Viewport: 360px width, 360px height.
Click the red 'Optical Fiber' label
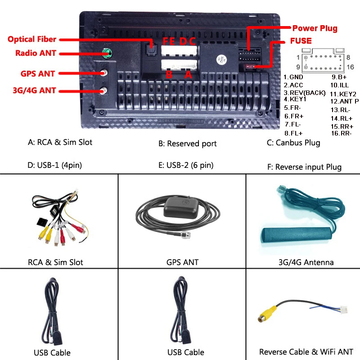pyautogui.click(x=32, y=39)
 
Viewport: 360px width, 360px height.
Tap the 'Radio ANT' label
pyautogui.click(x=36, y=53)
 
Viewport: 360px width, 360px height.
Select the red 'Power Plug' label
pyautogui.click(x=315, y=28)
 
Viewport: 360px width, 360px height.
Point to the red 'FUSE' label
pyautogui.click(x=301, y=41)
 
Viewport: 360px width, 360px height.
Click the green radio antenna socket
pyautogui.click(x=106, y=54)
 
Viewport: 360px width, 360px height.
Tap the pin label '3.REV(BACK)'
pyautogui.click(x=304, y=92)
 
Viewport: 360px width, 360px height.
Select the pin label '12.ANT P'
pyautogui.click(x=344, y=101)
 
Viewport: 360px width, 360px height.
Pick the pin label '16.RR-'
pyautogui.click(x=341, y=133)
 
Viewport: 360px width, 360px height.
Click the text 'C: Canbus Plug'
pyautogui.click(x=293, y=143)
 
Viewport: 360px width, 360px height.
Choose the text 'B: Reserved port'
pyautogui.click(x=187, y=144)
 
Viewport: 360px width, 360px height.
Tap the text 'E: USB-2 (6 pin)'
pyautogui.click(x=185, y=165)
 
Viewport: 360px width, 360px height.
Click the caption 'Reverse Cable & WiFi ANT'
pyautogui.click(x=306, y=352)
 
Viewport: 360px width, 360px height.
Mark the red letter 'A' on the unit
pyautogui.click(x=189, y=75)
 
